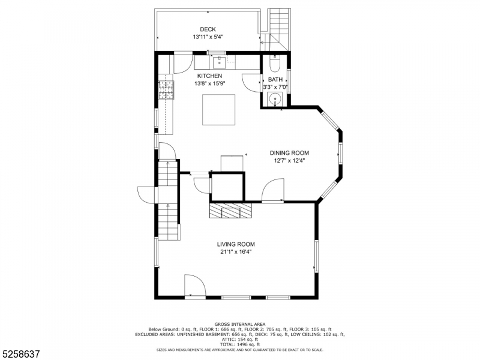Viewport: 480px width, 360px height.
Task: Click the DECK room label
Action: tap(208, 29)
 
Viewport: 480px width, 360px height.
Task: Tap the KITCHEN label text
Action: tap(209, 76)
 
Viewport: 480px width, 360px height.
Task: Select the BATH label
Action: tap(275, 80)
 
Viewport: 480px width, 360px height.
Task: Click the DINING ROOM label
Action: tap(289, 153)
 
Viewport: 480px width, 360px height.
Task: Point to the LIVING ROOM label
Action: tap(236, 244)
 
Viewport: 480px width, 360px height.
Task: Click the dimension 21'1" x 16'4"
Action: tap(236, 252)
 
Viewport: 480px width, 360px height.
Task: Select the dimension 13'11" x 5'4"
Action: tap(208, 37)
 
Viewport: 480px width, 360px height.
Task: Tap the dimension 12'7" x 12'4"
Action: tap(289, 160)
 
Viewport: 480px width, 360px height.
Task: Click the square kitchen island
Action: tap(218, 109)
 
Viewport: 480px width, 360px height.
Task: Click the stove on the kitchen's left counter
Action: tap(164, 91)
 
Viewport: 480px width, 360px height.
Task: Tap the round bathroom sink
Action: tap(276, 100)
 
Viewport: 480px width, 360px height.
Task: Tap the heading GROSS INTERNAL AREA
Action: tap(239, 324)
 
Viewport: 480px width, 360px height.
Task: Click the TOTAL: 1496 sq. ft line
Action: tap(239, 344)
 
